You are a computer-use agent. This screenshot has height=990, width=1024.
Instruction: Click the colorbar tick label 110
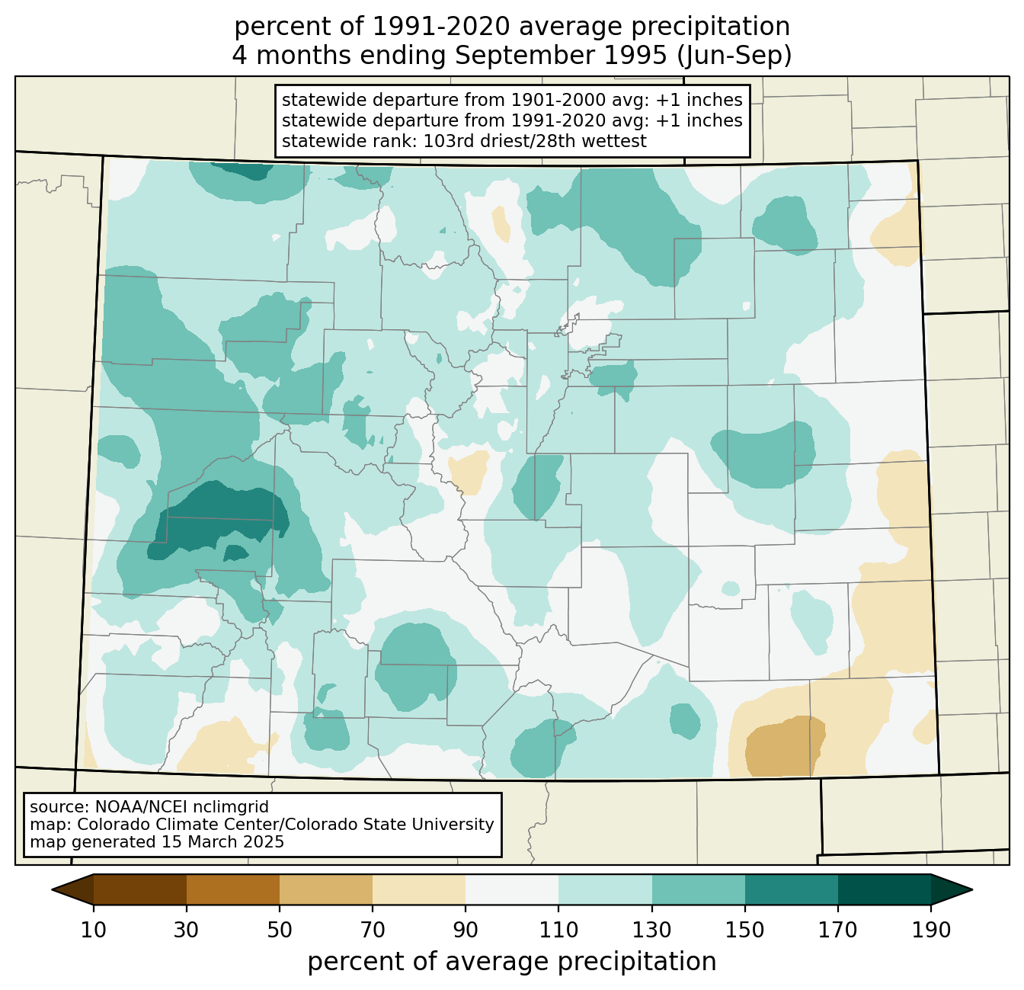558,930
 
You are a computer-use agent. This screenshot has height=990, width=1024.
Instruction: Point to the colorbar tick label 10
93,930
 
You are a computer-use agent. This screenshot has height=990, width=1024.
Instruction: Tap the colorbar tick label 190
931,930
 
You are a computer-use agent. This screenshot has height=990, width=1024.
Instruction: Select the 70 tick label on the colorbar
372,930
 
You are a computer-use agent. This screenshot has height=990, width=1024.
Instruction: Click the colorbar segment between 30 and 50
232,889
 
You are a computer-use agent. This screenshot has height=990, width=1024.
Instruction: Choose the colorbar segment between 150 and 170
791,889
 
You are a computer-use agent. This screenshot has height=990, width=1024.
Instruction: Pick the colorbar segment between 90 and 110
512,889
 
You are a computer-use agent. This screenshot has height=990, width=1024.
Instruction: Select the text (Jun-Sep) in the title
734,56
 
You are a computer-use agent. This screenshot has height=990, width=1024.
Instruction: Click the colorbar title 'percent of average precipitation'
511,962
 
